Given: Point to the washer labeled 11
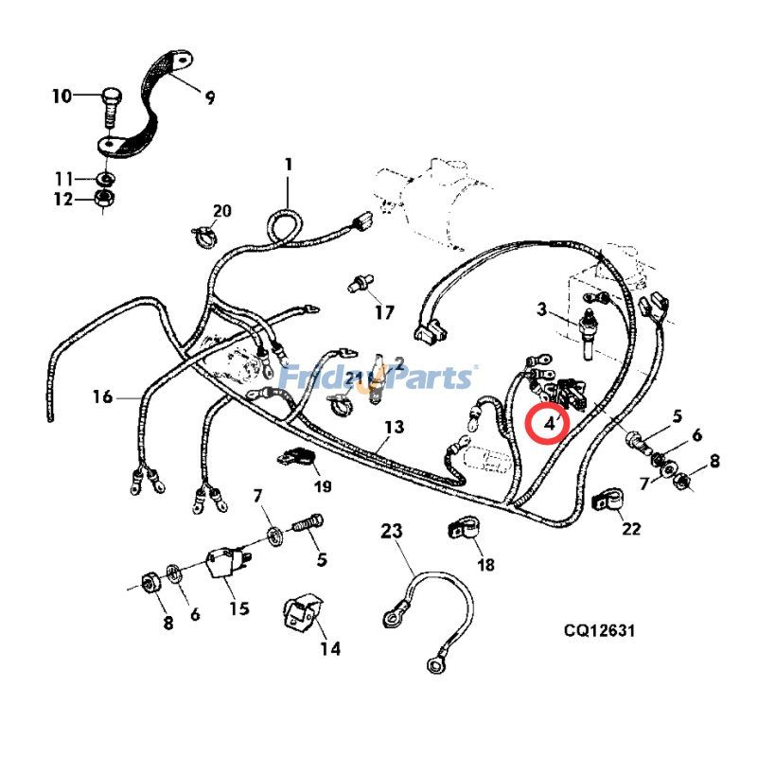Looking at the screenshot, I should [x=106, y=178].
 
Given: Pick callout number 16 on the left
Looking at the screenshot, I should [x=102, y=396].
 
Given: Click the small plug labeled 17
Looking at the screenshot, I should [x=359, y=282].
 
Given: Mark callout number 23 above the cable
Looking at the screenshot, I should [x=392, y=532].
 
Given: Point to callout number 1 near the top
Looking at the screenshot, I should [x=289, y=165].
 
